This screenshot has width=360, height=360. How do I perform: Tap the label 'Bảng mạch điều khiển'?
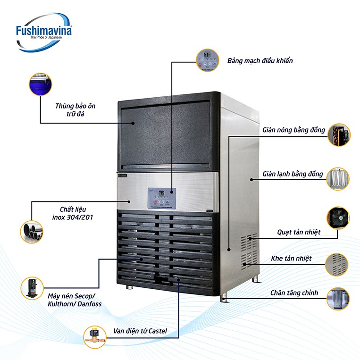pos(260,61)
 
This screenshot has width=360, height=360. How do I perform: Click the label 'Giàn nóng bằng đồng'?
pos(293,129)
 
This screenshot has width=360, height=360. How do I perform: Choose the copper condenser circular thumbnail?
pos(339,135)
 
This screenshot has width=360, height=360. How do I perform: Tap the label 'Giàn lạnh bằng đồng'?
pos(293,174)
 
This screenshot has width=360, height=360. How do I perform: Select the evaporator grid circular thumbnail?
pos(339,178)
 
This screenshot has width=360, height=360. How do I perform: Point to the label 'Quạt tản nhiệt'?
pos(298,232)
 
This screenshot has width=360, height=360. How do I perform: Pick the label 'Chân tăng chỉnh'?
pos(294,293)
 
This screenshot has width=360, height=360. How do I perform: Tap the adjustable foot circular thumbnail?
pos(338,299)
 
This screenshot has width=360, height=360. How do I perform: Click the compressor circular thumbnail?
pos(32,288)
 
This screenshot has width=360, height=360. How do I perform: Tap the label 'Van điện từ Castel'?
pos(139,331)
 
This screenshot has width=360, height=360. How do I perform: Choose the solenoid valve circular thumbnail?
pos(95,336)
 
